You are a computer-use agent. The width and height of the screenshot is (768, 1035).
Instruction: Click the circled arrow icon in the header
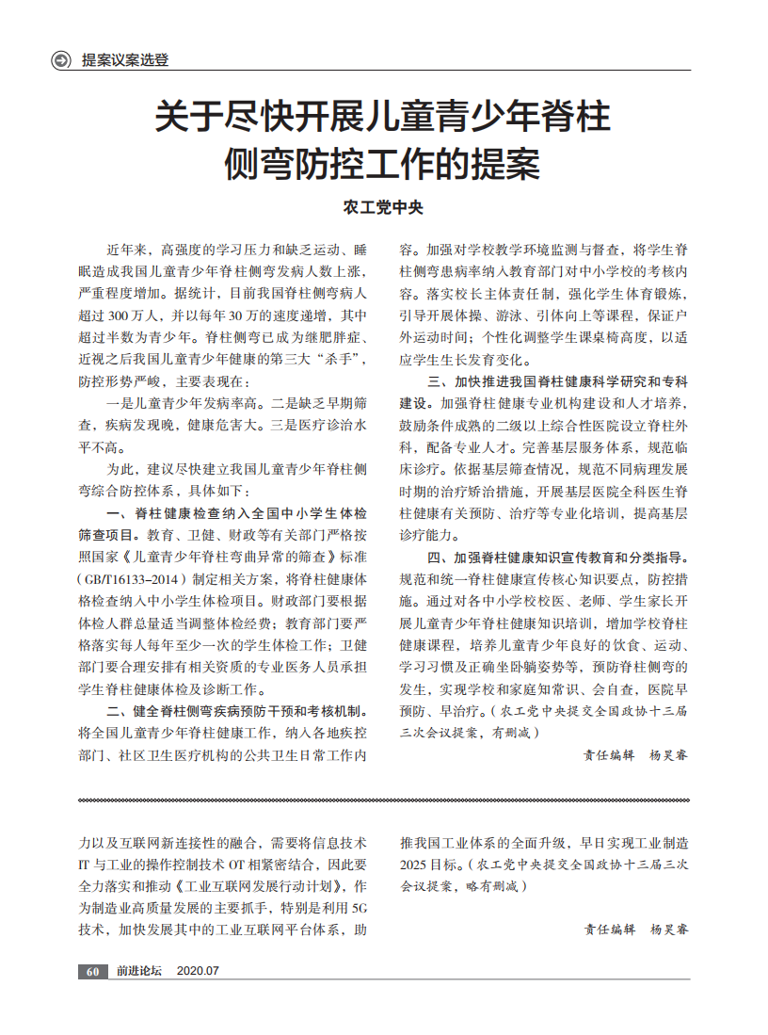[x=61, y=61]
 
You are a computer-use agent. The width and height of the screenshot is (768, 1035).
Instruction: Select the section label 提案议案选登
[x=125, y=61]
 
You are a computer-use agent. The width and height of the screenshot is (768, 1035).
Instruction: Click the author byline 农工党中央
[x=383, y=207]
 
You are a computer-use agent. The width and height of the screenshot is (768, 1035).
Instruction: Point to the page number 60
[x=91, y=971]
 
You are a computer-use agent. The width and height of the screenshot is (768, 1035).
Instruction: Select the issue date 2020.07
[x=198, y=971]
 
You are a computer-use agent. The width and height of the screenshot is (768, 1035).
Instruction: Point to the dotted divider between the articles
[x=383, y=801]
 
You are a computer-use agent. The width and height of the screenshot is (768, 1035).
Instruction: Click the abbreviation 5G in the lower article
[x=358, y=909]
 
